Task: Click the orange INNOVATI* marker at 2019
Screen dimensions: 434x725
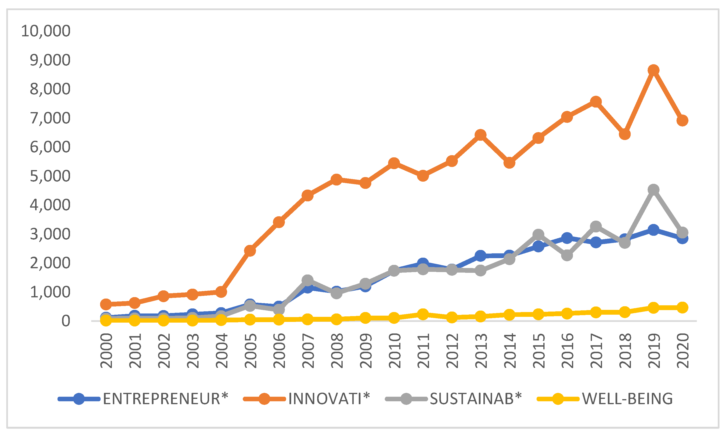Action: pos(653,70)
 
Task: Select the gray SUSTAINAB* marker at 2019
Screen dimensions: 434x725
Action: pos(653,190)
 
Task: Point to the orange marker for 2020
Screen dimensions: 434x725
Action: pos(682,121)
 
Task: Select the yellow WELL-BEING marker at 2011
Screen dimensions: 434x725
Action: pos(423,314)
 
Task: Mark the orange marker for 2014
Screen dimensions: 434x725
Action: pos(509,163)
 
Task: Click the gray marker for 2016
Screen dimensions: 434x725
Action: pos(567,255)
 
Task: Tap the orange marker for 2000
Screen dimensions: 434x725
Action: pos(106,304)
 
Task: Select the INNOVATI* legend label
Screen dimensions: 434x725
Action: pos(329,399)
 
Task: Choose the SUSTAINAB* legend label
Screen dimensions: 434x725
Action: pos(475,399)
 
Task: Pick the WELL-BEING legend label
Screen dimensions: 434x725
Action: pos(627,399)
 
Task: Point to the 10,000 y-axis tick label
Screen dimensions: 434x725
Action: pos(46,31)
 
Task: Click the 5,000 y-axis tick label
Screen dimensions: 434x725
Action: pos(50,176)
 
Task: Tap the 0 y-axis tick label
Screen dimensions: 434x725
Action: pos(66,321)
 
